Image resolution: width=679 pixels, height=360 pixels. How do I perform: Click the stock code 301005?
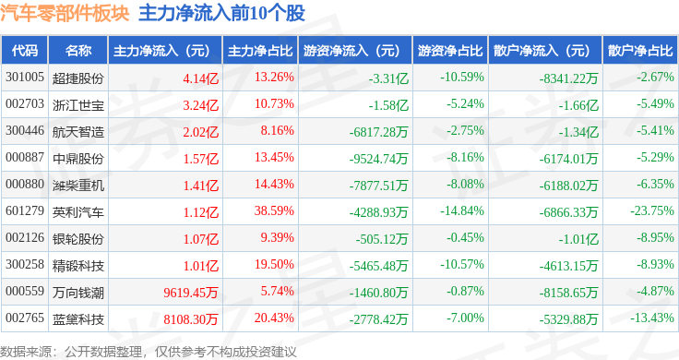point(24,77)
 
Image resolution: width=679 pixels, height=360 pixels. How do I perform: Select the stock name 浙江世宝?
point(78,103)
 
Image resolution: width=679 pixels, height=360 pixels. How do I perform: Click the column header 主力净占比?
point(260,50)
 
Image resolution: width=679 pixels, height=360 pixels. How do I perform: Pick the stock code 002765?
point(24,318)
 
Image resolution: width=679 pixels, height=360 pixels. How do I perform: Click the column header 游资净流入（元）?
point(351,50)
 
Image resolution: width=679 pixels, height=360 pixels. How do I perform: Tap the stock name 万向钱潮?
point(78,292)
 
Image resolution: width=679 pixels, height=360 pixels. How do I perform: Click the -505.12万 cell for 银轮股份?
point(380,238)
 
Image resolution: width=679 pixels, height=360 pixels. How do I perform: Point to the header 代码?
point(26,50)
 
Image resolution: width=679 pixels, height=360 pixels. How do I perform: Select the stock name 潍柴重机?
point(78,185)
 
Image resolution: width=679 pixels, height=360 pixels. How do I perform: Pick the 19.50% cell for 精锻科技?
point(273,265)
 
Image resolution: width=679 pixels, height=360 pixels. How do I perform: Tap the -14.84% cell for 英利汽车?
point(462,211)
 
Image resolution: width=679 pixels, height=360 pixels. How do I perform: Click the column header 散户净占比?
point(639,50)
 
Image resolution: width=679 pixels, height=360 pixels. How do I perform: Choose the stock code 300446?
point(24,130)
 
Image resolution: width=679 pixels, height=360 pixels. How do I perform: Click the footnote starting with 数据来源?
point(148,351)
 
